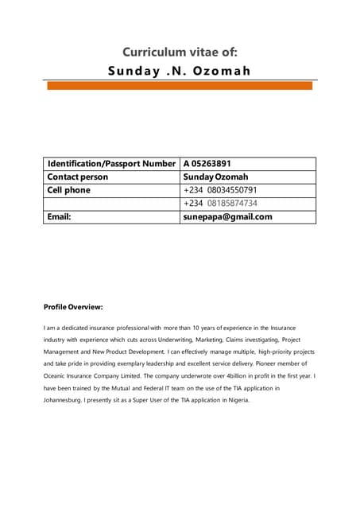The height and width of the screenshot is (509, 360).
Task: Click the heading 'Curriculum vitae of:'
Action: pos(180,52)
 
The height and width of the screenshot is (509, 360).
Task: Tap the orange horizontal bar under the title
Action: pos(180,86)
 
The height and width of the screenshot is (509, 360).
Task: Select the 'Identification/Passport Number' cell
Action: pos(111,164)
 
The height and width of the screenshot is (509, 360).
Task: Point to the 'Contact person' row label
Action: pos(78,177)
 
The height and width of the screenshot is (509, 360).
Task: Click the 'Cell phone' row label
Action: pos(69,190)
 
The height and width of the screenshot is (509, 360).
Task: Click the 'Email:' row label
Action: pos(60,216)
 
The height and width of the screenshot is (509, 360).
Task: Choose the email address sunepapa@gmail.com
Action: pos(227,216)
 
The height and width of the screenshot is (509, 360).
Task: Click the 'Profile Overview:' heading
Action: pos(73,307)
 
